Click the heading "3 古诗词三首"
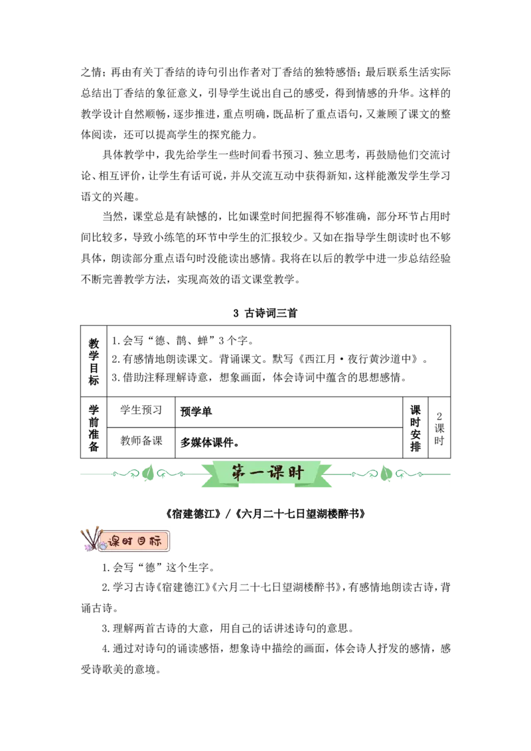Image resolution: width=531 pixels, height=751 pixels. coord(265,313)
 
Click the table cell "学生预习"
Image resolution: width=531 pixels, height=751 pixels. coord(141,410)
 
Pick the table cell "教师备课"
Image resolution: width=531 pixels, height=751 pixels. coord(141,441)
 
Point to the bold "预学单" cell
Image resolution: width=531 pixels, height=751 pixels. coord(196,411)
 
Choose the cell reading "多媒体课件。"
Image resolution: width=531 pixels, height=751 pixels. coord(210,443)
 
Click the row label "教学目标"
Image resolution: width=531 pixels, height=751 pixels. coord(94,362)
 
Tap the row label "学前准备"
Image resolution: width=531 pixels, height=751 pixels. coord(94,428)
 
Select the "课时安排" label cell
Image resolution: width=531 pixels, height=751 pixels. coord(416,428)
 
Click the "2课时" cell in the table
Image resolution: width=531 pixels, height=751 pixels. coord(439,428)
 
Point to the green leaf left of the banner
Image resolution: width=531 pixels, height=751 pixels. coord(148,474)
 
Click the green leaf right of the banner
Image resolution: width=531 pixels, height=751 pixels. coord(386,474)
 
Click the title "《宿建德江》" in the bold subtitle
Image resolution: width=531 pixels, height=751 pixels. coord(193,514)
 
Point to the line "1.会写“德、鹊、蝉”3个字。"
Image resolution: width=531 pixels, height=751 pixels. coord(183,341)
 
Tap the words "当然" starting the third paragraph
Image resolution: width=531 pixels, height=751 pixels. coord(113,216)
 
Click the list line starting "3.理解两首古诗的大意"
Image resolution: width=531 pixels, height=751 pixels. coord(228,628)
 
